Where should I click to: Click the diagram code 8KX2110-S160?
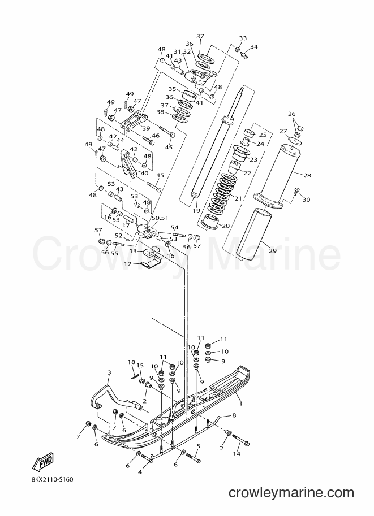pos(48,479)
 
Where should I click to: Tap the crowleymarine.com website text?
pos(291,493)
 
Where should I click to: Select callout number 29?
pos(273,250)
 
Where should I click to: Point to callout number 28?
pos(307,175)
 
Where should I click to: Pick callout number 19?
pos(196,210)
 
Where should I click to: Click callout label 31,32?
pos(182,51)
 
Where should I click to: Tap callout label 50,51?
pos(160,218)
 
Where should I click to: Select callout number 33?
pos(243,38)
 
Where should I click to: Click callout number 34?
pos(253,47)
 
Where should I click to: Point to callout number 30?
pos(306,200)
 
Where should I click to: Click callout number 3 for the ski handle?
pos(109,372)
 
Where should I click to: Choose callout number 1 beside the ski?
pos(240,403)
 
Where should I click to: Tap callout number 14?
pos(237,454)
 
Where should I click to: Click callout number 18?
pos(131,362)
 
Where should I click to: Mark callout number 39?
pos(146,128)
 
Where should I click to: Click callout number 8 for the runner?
pos(234,415)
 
